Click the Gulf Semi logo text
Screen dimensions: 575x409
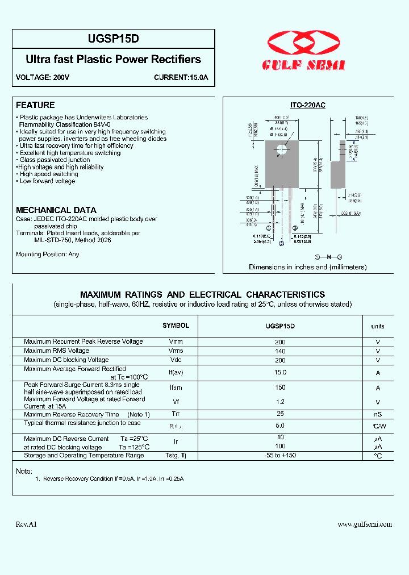click(x=303, y=66)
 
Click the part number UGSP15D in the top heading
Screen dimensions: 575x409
click(x=113, y=39)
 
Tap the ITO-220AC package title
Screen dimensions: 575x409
click(x=307, y=105)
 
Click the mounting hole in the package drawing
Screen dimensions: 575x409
click(x=281, y=150)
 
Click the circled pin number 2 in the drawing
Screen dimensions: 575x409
click(x=281, y=244)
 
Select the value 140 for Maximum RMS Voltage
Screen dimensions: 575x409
click(x=280, y=351)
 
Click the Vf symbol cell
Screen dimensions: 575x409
click(x=176, y=401)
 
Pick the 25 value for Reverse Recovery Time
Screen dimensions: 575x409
click(x=280, y=414)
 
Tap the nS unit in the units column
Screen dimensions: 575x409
click(x=378, y=415)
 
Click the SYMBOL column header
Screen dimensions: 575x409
click(x=176, y=326)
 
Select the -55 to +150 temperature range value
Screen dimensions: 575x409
click(x=280, y=455)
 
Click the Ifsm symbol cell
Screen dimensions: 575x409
click(x=176, y=388)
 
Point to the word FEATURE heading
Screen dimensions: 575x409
click(x=35, y=105)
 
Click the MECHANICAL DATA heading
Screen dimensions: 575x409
click(x=56, y=210)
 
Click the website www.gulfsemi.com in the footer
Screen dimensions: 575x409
click(x=365, y=524)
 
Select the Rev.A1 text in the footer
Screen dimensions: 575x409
click(x=26, y=524)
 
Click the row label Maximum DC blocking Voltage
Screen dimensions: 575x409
click(x=66, y=360)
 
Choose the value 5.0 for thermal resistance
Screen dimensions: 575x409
click(x=280, y=425)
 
